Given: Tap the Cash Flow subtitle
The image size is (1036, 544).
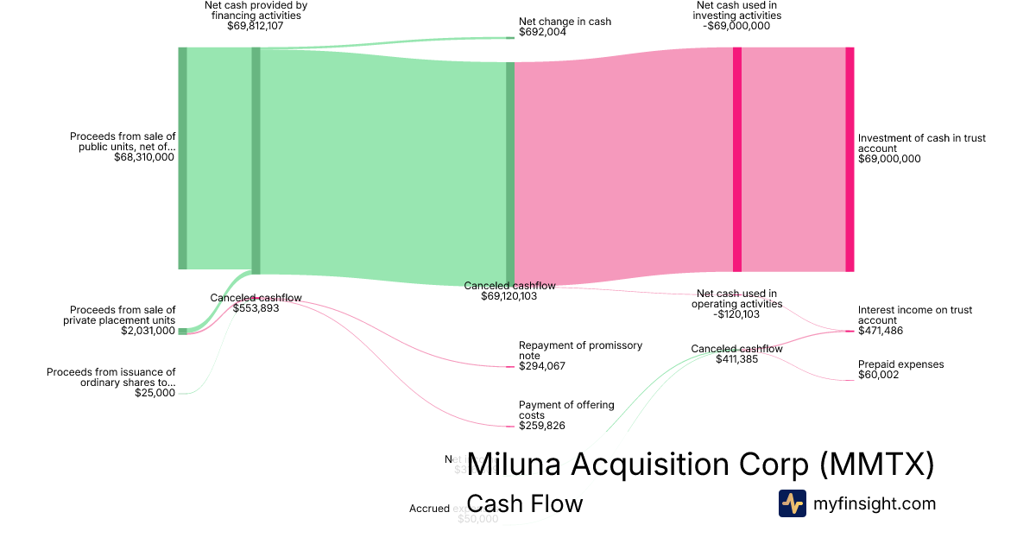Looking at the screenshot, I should click(x=524, y=503).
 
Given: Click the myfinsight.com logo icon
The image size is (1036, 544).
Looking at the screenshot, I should click(x=792, y=503).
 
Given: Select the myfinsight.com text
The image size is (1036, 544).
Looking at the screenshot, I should click(x=875, y=503).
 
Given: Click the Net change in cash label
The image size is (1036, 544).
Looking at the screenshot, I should click(x=565, y=22).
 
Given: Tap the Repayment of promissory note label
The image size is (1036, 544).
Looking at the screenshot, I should click(x=580, y=350).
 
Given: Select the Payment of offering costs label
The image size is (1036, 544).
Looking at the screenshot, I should click(x=566, y=409).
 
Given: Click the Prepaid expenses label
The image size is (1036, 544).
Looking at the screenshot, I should click(x=900, y=364).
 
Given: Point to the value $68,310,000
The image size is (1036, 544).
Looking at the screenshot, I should click(x=144, y=158).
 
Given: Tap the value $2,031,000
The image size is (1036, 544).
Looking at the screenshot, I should click(x=148, y=331).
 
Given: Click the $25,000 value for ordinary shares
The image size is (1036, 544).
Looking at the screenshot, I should click(x=155, y=393).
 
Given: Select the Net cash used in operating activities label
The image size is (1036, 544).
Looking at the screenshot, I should click(x=736, y=299).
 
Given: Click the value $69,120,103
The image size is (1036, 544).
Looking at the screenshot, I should click(x=509, y=296).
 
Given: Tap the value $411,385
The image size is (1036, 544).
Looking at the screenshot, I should click(x=736, y=359).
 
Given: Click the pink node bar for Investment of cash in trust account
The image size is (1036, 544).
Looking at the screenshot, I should click(x=850, y=159).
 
